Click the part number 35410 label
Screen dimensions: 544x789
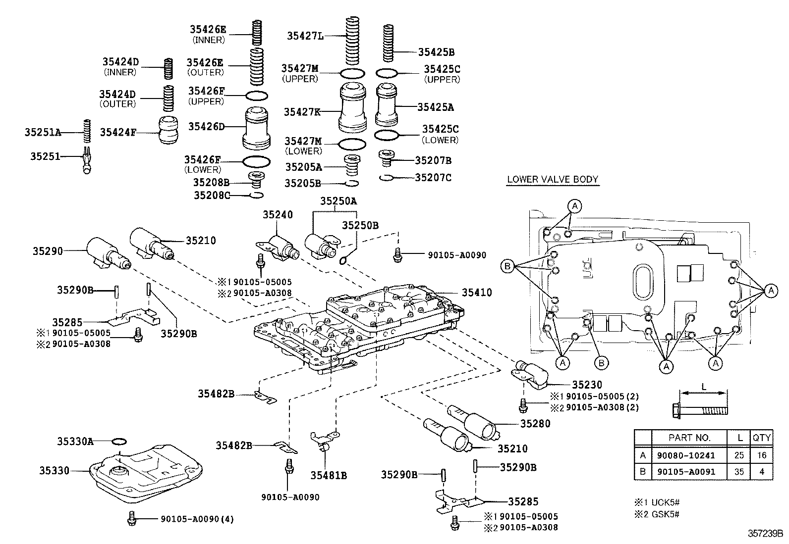tap(477, 293)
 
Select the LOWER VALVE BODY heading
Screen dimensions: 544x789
tap(553, 179)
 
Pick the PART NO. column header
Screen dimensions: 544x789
tap(689, 438)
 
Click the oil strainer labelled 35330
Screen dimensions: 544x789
tap(146, 470)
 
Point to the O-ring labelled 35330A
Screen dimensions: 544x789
tap(119, 441)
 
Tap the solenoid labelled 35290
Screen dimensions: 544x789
tap(107, 253)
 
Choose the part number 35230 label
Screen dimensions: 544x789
tap(587, 385)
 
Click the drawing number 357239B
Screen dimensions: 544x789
tap(765, 534)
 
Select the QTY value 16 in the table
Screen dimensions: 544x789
tap(762, 455)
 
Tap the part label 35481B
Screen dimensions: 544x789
tap(329, 476)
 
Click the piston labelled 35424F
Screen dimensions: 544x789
tap(168, 130)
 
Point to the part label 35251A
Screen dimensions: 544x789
tap(43, 132)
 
